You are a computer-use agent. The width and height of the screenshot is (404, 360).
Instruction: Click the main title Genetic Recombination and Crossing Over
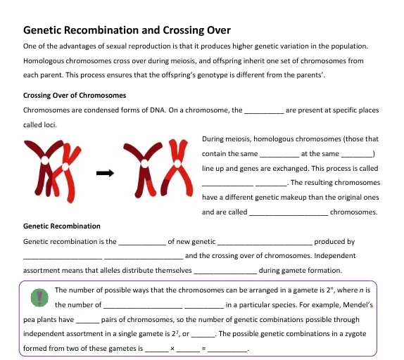point(127,30)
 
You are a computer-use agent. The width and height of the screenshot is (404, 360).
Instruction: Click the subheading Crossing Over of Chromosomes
point(75,95)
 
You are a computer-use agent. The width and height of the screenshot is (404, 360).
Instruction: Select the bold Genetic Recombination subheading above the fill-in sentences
point(62,226)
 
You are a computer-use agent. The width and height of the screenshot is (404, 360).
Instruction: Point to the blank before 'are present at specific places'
point(264,112)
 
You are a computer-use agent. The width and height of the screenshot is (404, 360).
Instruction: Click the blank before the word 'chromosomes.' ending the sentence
point(289,213)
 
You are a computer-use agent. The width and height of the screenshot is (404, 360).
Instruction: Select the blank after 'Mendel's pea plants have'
point(87,321)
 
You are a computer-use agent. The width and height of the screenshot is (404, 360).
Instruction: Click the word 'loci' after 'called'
point(46,125)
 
